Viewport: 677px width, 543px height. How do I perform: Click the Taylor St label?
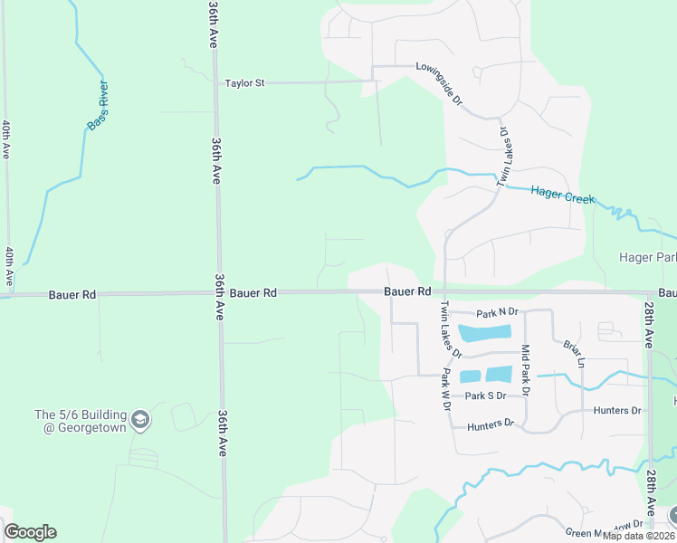(244, 83)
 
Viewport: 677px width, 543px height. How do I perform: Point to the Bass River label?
(98, 105)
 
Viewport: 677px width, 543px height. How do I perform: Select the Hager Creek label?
(563, 194)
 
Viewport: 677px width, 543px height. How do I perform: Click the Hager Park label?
(648, 257)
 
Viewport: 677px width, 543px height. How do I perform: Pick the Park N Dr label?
(497, 311)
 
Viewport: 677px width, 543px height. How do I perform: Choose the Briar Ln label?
(574, 354)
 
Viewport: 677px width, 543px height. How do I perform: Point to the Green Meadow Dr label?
(604, 524)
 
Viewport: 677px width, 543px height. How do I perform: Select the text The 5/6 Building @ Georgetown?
(81, 421)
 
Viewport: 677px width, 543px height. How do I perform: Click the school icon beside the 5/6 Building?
(139, 420)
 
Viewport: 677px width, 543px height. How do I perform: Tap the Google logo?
(30, 532)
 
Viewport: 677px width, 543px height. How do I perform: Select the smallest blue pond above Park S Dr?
(470, 376)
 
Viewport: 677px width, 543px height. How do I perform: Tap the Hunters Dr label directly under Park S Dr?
(490, 423)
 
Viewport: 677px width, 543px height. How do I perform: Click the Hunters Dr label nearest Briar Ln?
(617, 410)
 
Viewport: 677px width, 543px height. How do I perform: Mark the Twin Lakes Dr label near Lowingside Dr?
(502, 157)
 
